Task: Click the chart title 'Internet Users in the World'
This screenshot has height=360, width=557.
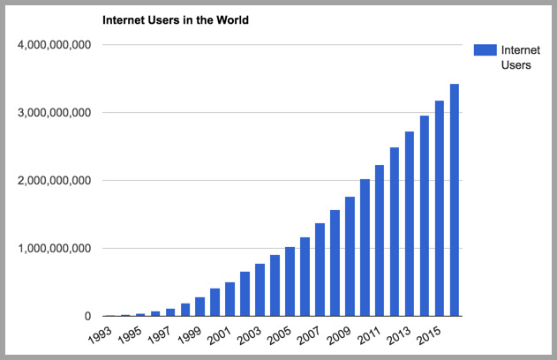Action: [x=177, y=19]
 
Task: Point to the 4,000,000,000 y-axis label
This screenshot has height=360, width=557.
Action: [x=54, y=44]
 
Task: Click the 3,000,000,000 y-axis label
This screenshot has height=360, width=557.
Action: [x=54, y=112]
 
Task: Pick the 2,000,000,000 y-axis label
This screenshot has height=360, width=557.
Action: [x=54, y=180]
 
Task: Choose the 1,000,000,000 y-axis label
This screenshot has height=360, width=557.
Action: [x=54, y=248]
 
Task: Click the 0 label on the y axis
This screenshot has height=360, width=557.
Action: [x=87, y=316]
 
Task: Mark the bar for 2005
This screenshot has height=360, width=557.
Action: [x=290, y=281]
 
